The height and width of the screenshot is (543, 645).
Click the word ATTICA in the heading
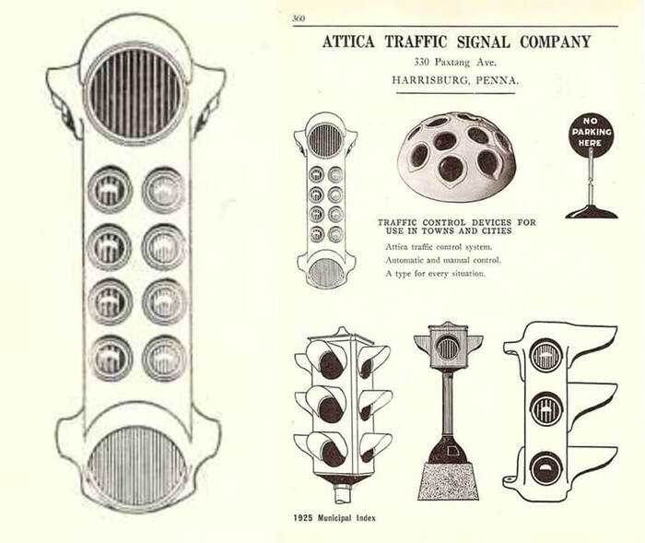(348, 41)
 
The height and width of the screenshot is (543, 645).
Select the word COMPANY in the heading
(556, 41)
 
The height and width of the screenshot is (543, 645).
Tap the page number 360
(299, 18)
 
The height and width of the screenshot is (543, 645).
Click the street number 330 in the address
(422, 63)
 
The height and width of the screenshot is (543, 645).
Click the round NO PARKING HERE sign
(592, 132)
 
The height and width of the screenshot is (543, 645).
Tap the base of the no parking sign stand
(592, 211)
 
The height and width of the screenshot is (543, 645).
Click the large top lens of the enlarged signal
(135, 94)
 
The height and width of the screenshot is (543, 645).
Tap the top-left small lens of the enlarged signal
(110, 190)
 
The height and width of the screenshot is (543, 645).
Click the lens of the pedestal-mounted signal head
(447, 348)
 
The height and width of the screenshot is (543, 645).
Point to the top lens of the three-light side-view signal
(546, 355)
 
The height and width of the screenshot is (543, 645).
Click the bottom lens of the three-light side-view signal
(546, 468)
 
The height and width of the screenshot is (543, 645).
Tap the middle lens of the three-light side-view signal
(546, 408)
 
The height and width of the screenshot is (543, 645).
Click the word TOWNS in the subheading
(437, 231)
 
